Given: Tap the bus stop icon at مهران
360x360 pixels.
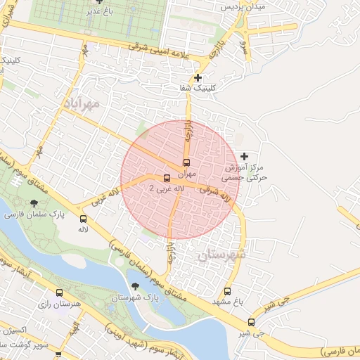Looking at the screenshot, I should coord(186,162).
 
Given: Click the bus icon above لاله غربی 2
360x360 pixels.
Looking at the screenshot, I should coord(167,178).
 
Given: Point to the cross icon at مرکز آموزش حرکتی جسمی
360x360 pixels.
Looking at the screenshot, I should coord(244,155).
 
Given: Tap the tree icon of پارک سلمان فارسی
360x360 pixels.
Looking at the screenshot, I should coord(33,203).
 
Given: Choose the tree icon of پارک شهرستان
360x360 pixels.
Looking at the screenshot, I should coord(134,286).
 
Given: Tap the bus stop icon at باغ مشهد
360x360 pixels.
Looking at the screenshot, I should coord(227,291).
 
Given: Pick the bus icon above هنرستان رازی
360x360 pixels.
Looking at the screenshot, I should coord(59,292).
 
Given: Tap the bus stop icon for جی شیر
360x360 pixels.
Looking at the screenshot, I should coord(252,322).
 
